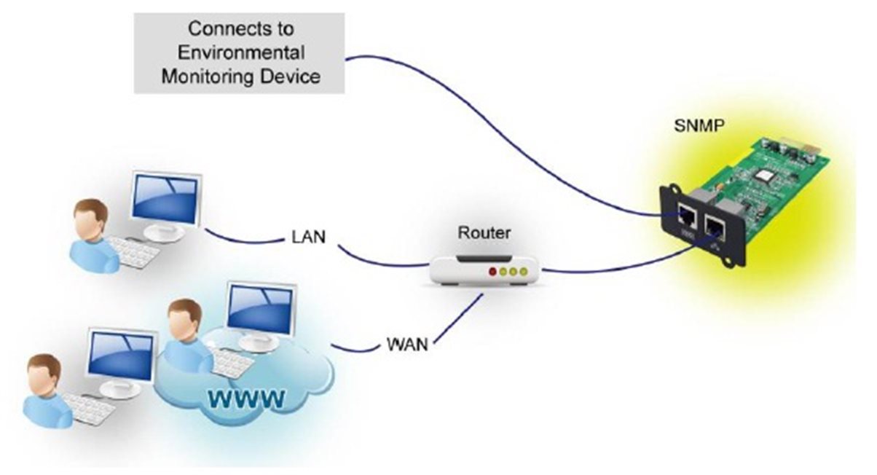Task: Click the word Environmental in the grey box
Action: click(x=240, y=52)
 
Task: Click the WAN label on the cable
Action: click(x=406, y=344)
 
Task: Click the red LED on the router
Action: click(x=493, y=272)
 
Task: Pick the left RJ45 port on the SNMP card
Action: click(x=686, y=214)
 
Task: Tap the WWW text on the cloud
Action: click(x=244, y=398)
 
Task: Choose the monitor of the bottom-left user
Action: click(x=122, y=355)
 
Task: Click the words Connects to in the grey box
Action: click(x=240, y=29)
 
